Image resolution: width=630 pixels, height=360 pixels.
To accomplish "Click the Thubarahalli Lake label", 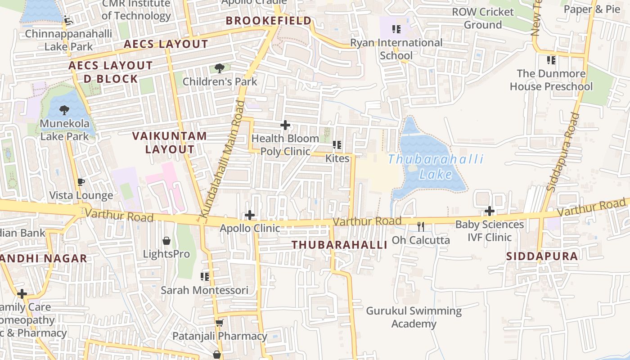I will click(436, 166).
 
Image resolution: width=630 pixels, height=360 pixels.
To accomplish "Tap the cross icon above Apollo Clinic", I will click(249, 215).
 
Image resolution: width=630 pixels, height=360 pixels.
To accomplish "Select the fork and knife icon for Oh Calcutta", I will click(421, 226).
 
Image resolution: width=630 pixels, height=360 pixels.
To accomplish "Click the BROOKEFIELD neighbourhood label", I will click(269, 21).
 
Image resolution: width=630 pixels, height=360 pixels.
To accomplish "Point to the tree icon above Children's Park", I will click(220, 68).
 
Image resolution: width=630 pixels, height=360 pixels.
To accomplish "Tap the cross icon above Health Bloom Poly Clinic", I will click(285, 125).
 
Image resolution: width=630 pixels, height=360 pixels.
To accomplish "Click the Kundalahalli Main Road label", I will click(224, 160).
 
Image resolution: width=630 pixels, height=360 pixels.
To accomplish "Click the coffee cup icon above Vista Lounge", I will click(81, 182).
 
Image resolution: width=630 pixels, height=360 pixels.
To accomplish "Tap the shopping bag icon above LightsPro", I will click(166, 241).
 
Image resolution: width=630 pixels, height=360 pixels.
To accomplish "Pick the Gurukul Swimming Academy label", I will click(414, 317).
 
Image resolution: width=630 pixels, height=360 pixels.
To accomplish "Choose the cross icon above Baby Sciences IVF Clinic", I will click(490, 211).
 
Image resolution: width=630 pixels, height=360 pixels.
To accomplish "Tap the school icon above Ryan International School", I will click(396, 30).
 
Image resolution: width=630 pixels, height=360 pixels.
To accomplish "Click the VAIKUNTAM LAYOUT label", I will click(170, 142).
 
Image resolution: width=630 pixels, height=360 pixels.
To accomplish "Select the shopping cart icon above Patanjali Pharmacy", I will click(220, 323).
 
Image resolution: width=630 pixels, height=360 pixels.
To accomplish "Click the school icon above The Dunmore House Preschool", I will click(551, 60).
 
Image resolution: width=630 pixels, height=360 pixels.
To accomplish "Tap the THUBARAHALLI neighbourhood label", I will click(339, 245).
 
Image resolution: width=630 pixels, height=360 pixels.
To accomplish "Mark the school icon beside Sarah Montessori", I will click(205, 276).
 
